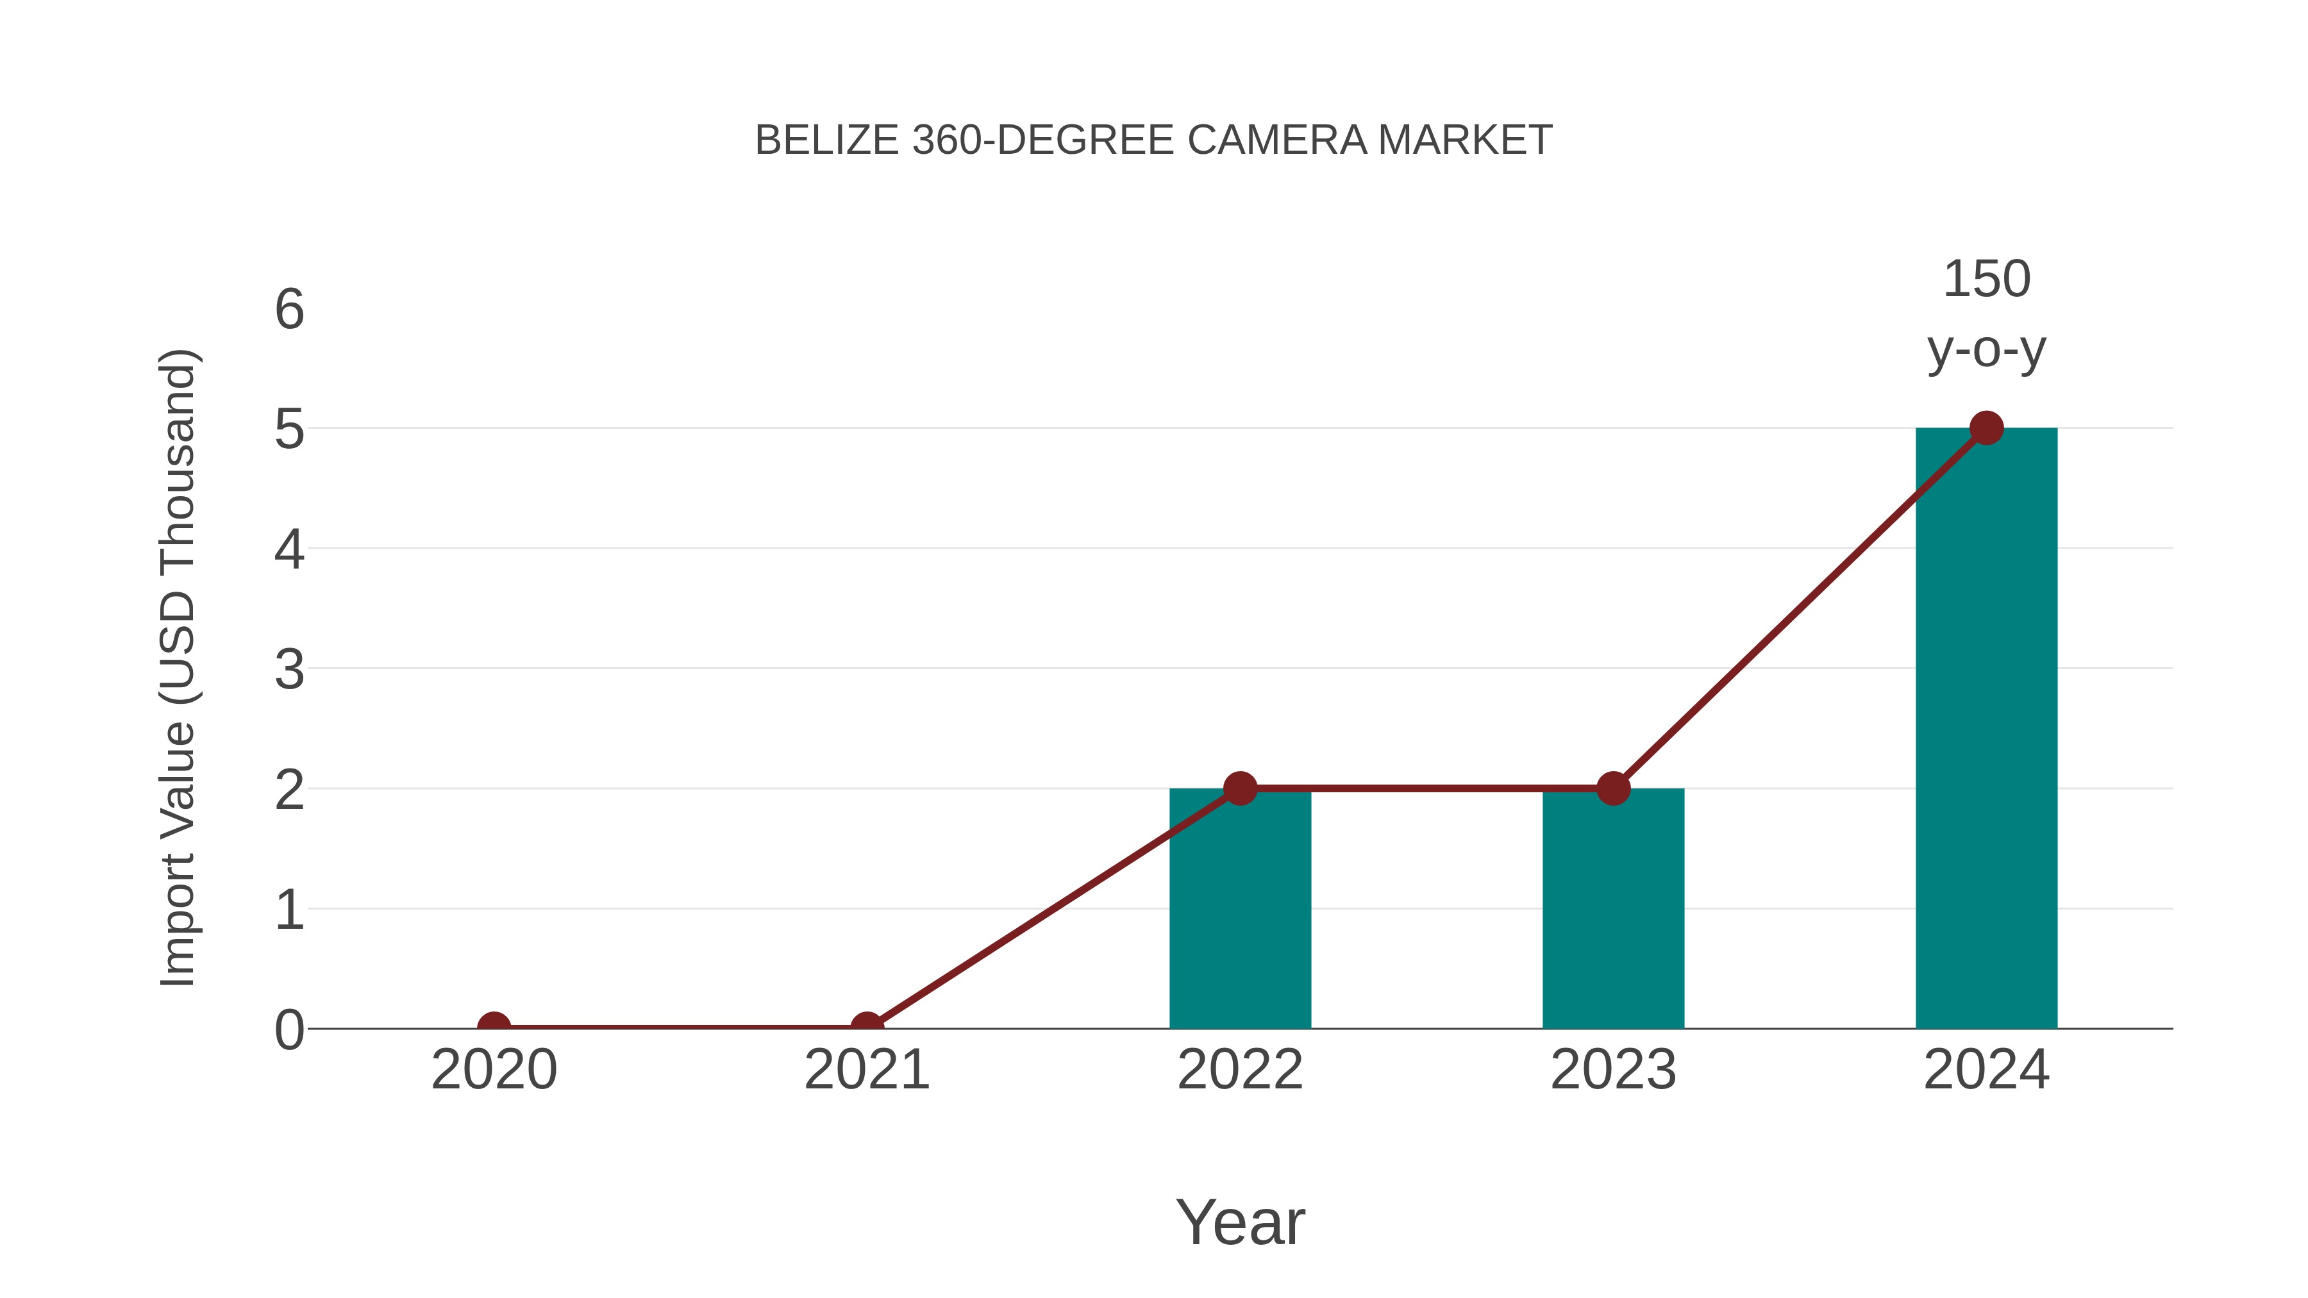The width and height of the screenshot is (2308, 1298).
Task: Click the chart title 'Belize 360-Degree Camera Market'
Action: point(1153,140)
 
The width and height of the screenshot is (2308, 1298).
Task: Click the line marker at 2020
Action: point(494,1027)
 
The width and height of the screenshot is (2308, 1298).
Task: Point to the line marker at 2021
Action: point(866,1027)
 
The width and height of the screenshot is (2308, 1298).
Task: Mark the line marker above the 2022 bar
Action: point(1240,788)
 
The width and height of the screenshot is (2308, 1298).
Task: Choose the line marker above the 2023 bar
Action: point(1613,788)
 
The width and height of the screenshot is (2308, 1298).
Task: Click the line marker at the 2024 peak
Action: point(1986,428)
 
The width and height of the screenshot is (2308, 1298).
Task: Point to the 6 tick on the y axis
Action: point(289,310)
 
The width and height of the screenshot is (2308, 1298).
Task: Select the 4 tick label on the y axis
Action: point(289,549)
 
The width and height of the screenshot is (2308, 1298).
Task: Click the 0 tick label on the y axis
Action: point(289,1030)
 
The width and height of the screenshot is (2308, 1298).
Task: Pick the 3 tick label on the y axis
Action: point(289,669)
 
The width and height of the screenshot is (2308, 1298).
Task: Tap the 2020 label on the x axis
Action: point(494,1070)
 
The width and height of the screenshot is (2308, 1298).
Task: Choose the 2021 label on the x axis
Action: point(866,1070)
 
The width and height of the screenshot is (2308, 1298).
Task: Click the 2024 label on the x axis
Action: point(1986,1070)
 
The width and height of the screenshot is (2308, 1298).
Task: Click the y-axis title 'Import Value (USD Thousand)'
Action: point(178,667)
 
